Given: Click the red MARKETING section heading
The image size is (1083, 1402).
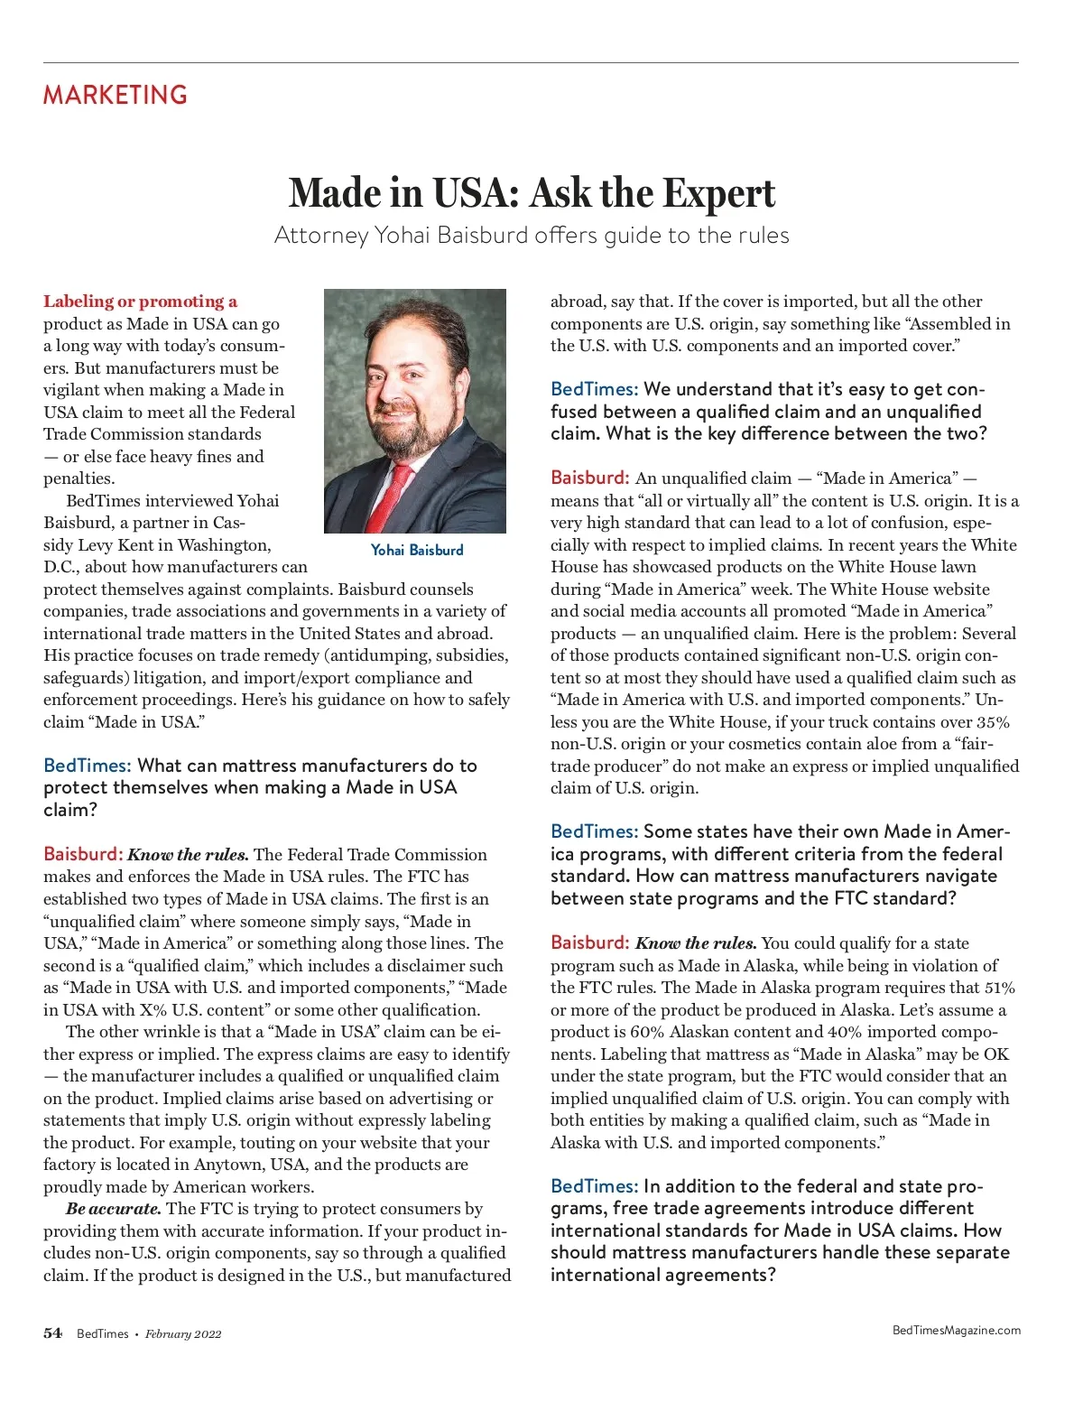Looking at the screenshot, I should [116, 95].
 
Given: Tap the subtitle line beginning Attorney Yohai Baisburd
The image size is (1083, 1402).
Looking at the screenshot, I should [532, 236].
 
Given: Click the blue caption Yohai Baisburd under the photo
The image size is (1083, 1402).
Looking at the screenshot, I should [417, 550].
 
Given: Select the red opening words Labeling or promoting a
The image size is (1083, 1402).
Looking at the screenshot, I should [140, 302].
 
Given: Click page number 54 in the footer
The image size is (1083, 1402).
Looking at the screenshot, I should [53, 1333].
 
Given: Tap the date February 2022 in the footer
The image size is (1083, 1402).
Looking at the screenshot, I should [183, 1334].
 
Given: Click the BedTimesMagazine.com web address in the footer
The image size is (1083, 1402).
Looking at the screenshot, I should [956, 1330].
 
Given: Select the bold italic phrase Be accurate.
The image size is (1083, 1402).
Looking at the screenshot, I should [114, 1209].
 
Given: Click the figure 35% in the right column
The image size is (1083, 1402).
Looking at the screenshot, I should [993, 722].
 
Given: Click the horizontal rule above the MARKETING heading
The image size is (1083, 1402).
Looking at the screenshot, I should [531, 63].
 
